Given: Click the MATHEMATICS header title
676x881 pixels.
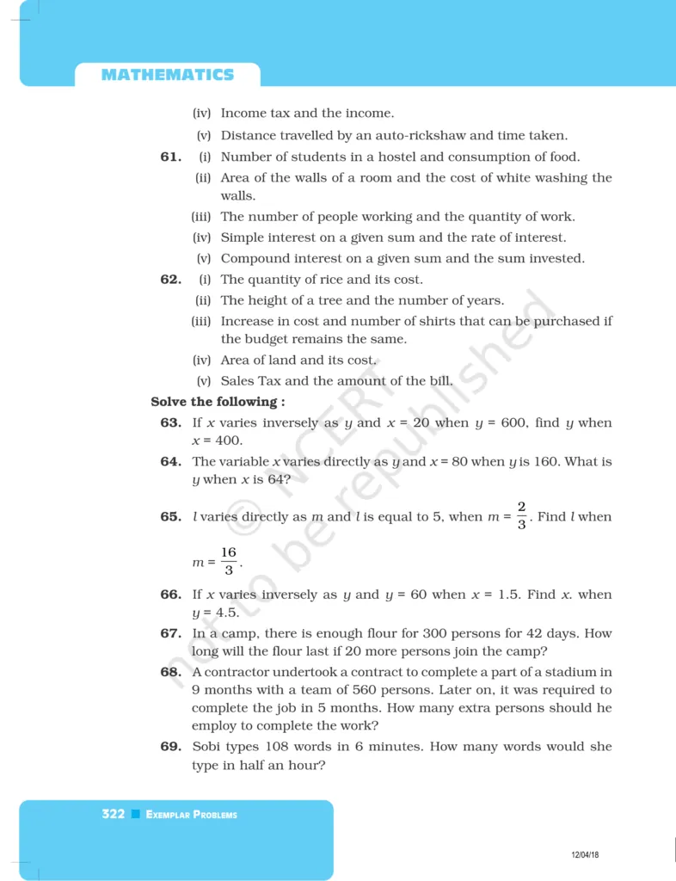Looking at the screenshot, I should tap(168, 75).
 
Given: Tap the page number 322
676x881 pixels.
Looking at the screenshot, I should tap(114, 814).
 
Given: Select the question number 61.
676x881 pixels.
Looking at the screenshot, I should tap(170, 157).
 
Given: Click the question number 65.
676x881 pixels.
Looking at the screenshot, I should tap(170, 517).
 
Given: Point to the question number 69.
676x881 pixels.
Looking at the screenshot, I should tap(170, 747).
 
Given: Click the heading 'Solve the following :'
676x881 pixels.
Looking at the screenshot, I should tap(218, 402).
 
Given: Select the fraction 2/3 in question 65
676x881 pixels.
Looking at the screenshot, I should tap(522, 515).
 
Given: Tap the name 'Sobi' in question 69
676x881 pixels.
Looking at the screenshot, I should tap(207, 747).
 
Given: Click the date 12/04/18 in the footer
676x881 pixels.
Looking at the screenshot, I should tap(585, 854).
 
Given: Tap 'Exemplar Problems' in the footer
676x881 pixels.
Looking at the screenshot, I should tap(192, 815).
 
